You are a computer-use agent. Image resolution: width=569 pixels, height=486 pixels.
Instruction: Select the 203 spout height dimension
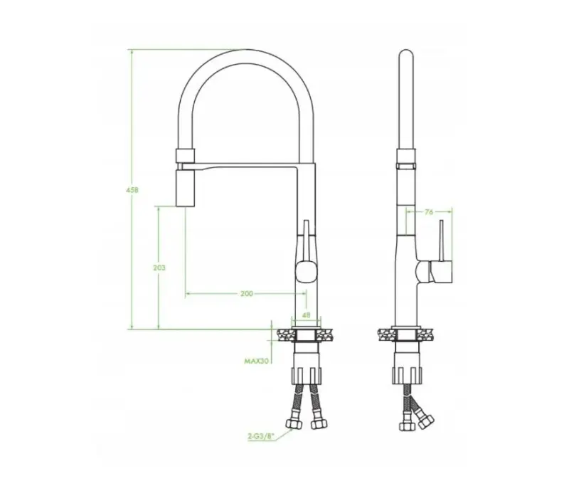pyautogui.click(x=159, y=268)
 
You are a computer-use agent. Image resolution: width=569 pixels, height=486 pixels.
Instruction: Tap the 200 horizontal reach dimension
pyautogui.click(x=246, y=293)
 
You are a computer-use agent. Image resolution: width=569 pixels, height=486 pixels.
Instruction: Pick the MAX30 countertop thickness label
pyautogui.click(x=255, y=361)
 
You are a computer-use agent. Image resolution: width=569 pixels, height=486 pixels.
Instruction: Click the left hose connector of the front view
pyautogui.click(x=292, y=424)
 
